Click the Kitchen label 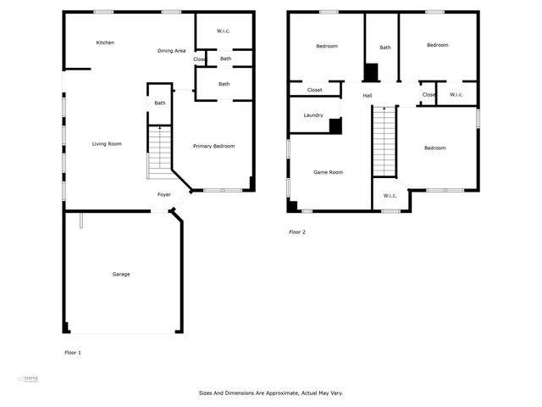click(x=105, y=42)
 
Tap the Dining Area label click(x=172, y=51)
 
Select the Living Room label click(x=107, y=144)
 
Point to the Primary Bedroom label click(x=213, y=147)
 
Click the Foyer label click(x=164, y=195)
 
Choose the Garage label click(x=121, y=274)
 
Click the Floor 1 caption click(x=73, y=352)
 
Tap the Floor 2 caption click(x=297, y=231)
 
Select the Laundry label click(x=313, y=115)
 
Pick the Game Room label click(x=328, y=172)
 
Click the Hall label click(x=368, y=95)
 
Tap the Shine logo click(x=30, y=379)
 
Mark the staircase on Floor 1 click(x=160, y=152)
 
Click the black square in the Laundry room click(x=335, y=126)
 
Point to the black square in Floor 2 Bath click(x=371, y=72)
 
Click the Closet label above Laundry click(x=314, y=90)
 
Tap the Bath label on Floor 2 click(x=385, y=47)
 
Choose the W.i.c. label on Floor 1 click(x=224, y=31)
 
